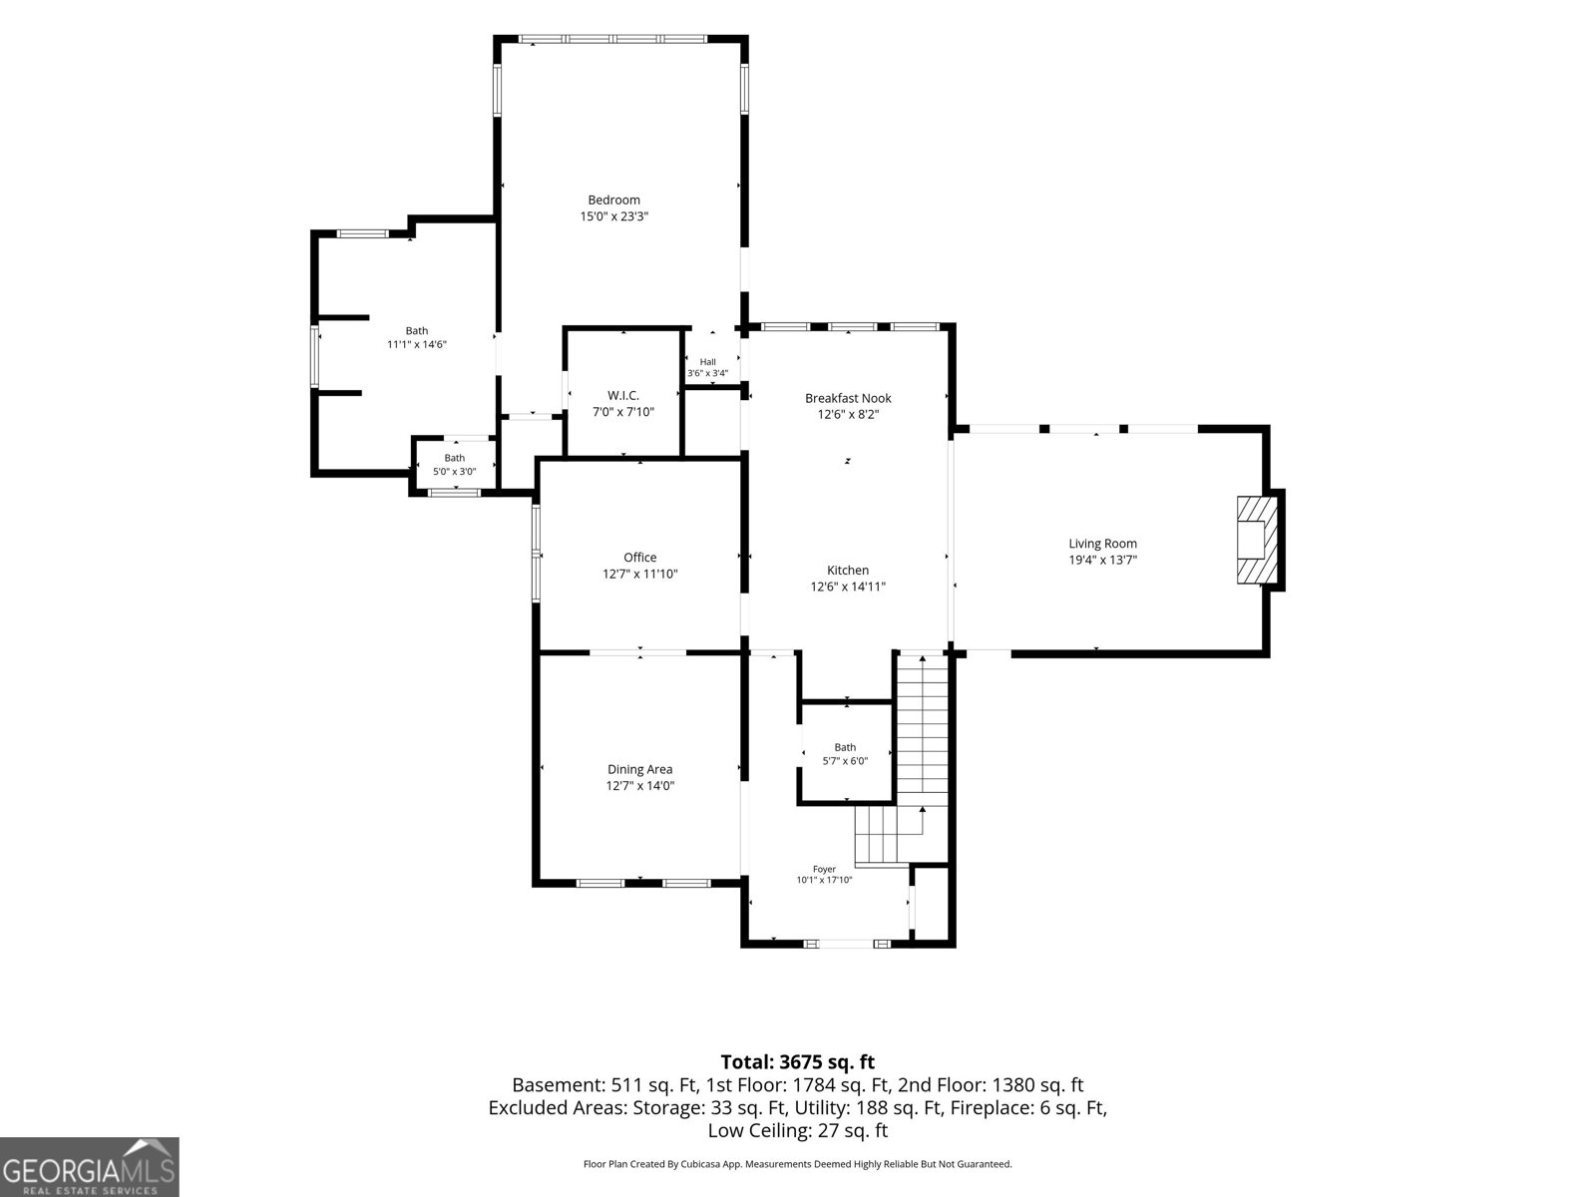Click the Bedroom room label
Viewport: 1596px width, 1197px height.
(613, 199)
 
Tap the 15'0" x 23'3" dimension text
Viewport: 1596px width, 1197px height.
(613, 215)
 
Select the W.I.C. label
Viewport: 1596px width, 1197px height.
(623, 395)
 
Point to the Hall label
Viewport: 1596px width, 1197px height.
(707, 362)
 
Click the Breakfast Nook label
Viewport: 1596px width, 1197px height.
(848, 398)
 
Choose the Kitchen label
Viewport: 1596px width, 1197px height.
(848, 571)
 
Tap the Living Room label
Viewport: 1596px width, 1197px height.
(1102, 544)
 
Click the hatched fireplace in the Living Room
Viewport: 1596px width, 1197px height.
(1257, 540)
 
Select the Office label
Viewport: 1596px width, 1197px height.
(639, 558)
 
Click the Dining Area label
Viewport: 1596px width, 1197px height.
(639, 769)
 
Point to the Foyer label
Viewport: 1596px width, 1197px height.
(824, 869)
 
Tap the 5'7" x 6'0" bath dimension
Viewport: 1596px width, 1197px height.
(845, 761)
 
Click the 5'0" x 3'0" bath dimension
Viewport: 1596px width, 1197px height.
(455, 472)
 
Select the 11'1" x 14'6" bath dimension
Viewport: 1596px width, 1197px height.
(417, 344)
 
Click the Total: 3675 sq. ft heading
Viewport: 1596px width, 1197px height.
(798, 1061)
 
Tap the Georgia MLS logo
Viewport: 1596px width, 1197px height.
(89, 1167)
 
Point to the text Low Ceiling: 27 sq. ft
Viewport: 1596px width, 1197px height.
(798, 1130)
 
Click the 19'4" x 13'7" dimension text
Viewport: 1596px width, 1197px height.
(1102, 560)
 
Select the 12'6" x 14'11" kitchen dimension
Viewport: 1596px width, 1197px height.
(848, 587)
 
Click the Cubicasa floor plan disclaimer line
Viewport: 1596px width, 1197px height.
(798, 1163)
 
